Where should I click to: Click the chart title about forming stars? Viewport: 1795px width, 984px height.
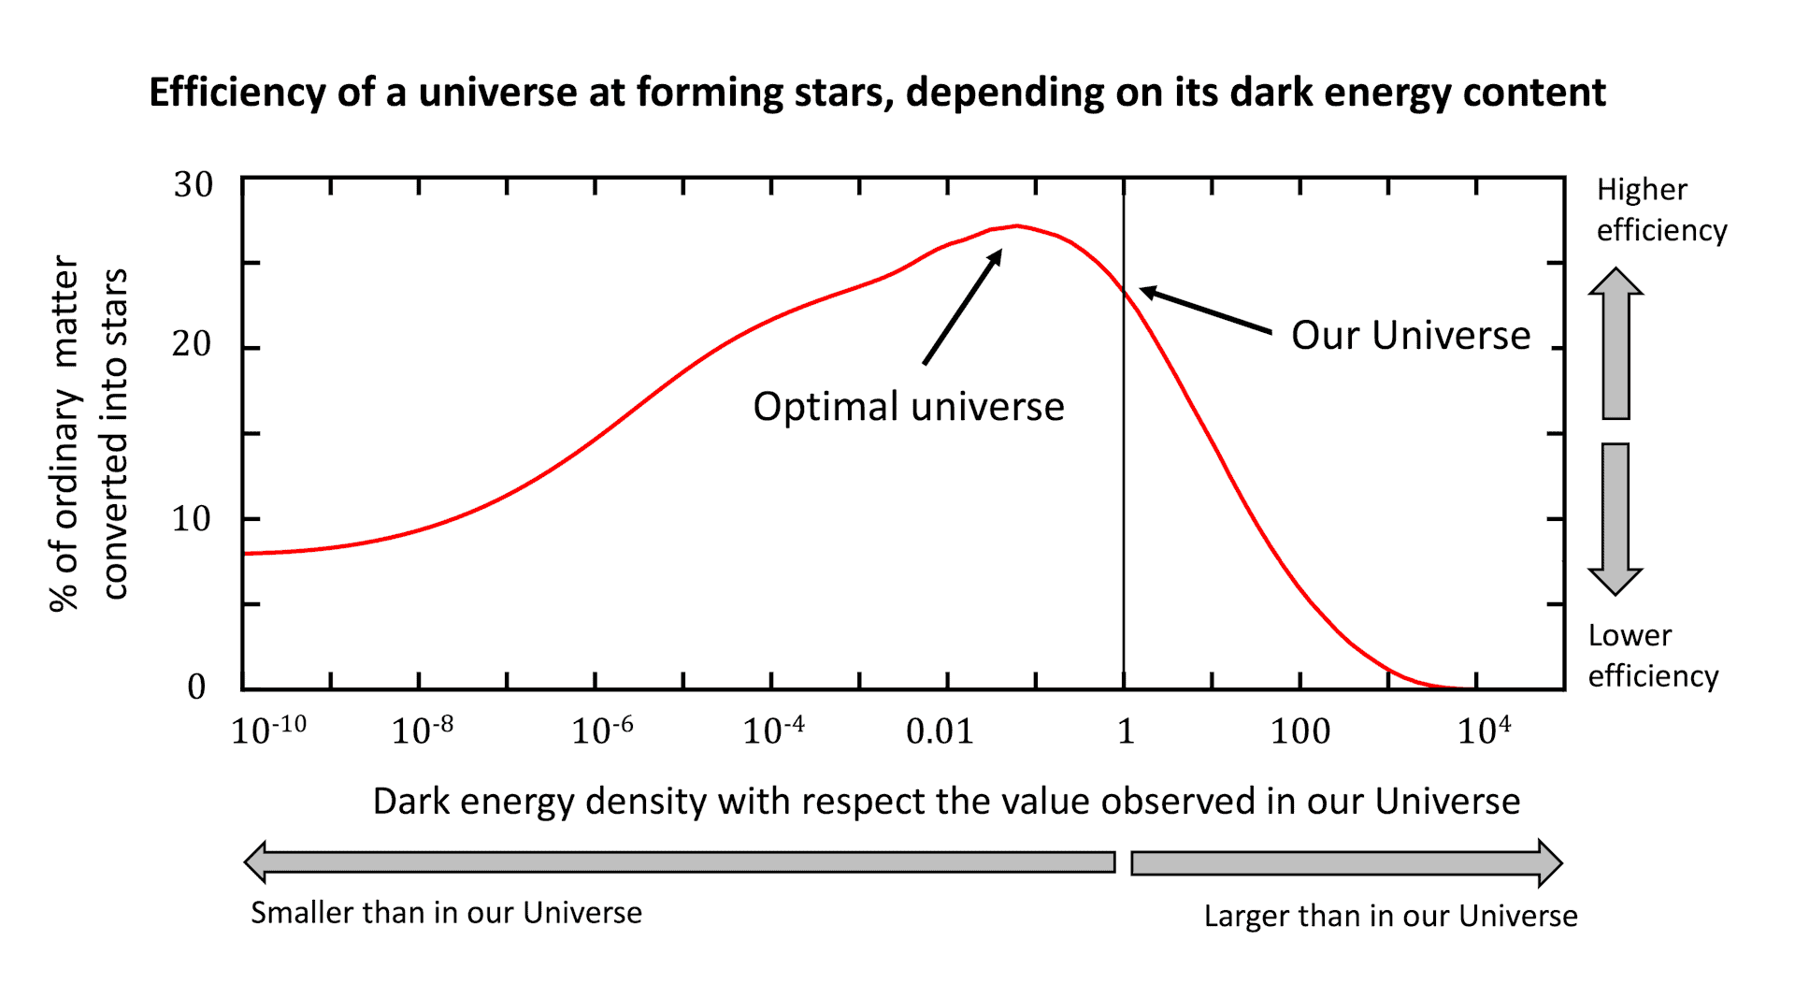click(x=877, y=93)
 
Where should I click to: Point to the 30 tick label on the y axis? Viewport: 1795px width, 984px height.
click(x=193, y=184)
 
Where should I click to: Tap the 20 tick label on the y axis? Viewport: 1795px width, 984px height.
click(x=192, y=344)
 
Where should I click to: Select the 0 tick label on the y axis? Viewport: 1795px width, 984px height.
click(x=196, y=687)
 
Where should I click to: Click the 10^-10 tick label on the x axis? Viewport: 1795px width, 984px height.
click(x=268, y=730)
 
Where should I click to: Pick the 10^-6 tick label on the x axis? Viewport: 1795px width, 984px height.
click(x=602, y=730)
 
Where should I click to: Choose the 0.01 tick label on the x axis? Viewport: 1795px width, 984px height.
click(x=940, y=731)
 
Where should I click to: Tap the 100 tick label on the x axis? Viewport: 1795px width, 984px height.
click(x=1300, y=731)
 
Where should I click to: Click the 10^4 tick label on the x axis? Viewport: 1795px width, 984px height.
click(x=1484, y=730)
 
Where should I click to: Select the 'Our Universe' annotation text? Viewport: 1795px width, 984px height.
click(x=1411, y=335)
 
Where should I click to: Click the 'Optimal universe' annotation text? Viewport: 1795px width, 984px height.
click(x=909, y=407)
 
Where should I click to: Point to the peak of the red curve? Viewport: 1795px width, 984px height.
click(x=1017, y=226)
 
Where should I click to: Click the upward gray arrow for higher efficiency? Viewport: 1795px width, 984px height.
click(x=1615, y=343)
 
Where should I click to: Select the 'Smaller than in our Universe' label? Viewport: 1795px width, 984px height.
click(x=446, y=912)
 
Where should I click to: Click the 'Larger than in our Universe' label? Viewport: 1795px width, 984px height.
click(x=1390, y=916)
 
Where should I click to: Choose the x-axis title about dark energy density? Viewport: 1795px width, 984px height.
click(x=946, y=802)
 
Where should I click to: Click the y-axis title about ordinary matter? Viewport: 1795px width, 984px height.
click(x=88, y=433)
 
